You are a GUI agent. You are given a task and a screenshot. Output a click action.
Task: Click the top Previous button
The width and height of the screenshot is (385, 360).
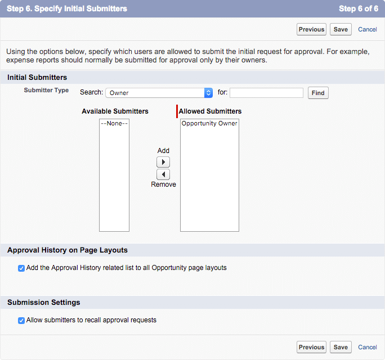(x=311, y=29)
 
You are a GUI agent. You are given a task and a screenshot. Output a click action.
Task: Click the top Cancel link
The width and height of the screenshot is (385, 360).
(x=368, y=29)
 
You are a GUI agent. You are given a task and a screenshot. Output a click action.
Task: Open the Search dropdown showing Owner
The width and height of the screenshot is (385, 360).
(x=159, y=93)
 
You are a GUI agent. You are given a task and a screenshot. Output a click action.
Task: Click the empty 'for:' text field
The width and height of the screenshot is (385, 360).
(x=266, y=93)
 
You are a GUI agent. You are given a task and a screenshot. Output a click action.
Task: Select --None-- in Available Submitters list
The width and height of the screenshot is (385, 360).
(x=114, y=123)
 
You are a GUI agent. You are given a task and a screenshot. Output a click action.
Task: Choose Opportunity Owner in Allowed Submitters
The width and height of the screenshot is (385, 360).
(x=209, y=123)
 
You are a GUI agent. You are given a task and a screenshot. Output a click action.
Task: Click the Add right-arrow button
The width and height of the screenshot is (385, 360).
(x=163, y=162)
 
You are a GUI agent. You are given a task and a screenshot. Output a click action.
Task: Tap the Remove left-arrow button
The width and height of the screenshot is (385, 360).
(x=163, y=174)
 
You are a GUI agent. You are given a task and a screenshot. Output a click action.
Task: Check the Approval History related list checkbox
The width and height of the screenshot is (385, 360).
(x=21, y=268)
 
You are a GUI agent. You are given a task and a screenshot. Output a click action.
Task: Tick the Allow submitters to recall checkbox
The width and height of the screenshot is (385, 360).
(x=21, y=321)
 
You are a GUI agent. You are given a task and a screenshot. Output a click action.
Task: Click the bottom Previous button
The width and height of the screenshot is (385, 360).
(x=311, y=347)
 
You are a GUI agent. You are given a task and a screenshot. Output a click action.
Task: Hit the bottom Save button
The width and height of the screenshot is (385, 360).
(x=341, y=347)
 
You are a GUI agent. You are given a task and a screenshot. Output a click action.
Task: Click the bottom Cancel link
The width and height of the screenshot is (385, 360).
(x=368, y=347)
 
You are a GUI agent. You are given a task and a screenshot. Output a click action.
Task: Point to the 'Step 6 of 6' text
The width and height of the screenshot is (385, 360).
(x=359, y=9)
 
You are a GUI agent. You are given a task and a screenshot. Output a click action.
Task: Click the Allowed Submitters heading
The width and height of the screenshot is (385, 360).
(x=210, y=111)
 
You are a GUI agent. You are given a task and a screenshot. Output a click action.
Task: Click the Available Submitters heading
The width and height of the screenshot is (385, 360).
(x=115, y=111)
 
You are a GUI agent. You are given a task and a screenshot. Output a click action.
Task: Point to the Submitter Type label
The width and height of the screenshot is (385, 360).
(x=46, y=90)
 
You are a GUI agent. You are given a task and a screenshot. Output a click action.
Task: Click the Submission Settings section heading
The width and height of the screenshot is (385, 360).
(x=44, y=303)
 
